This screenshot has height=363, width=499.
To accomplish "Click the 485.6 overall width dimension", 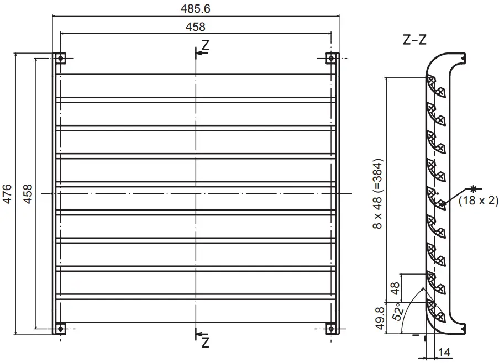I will [x=196, y=9].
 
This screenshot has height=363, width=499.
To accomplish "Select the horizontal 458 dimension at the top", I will [x=196, y=27].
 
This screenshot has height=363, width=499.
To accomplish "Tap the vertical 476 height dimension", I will [x=8, y=194].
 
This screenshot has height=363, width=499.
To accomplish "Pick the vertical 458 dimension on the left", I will [x=28, y=194].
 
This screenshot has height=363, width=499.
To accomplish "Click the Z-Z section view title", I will [x=414, y=40].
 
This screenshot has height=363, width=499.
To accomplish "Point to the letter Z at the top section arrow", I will [x=206, y=46].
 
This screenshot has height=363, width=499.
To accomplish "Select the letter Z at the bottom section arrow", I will [x=206, y=343].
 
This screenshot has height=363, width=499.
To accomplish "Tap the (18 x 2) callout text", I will [x=479, y=201].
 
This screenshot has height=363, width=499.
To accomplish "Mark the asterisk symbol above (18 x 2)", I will [x=472, y=188].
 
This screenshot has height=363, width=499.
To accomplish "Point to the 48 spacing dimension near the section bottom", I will [x=395, y=288].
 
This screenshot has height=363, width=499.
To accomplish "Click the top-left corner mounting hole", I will [x=60, y=58].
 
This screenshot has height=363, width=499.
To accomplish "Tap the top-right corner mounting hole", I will [x=331, y=58].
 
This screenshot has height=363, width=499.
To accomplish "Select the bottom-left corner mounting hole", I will [x=60, y=329].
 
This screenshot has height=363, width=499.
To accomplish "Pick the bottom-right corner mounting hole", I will [x=331, y=329].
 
